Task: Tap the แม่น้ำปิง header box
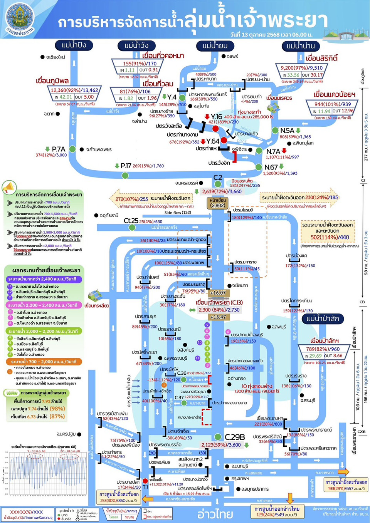pyautogui.click(x=73, y=45)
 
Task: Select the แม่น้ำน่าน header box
pyautogui.click(x=301, y=46)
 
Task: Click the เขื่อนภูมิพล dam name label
pyautogui.click(x=52, y=81)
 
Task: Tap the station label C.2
pyautogui.click(x=218, y=178)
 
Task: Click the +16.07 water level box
pyautogui.click(x=218, y=293)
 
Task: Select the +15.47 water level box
pyautogui.click(x=218, y=317)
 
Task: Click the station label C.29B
pyautogui.click(x=235, y=437)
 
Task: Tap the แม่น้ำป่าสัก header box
pyautogui.click(x=322, y=319)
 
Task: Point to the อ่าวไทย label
pyautogui.click(x=215, y=514)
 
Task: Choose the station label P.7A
pyautogui.click(x=59, y=149)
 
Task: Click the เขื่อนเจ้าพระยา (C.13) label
pyautogui.click(x=219, y=302)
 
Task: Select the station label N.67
pyautogui.click(x=271, y=167)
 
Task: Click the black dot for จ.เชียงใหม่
pyautogui.click(x=42, y=57)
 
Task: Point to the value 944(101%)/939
pyautogui.click(x=332, y=104)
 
